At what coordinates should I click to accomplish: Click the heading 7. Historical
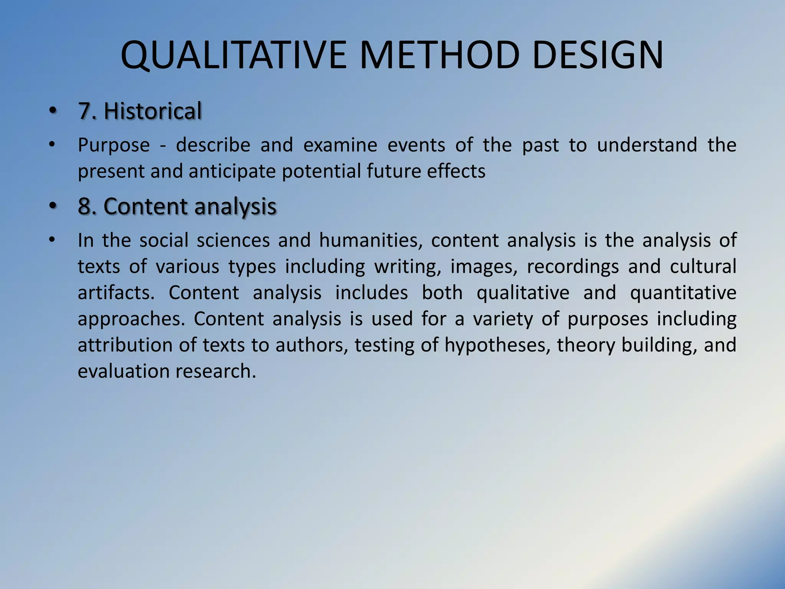[140, 111]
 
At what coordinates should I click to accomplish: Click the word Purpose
[114, 145]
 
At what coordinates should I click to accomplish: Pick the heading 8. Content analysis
[177, 206]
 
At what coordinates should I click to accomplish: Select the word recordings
[573, 267]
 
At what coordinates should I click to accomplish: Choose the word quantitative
[683, 293]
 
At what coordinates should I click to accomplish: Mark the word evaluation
[123, 371]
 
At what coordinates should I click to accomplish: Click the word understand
[647, 145]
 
